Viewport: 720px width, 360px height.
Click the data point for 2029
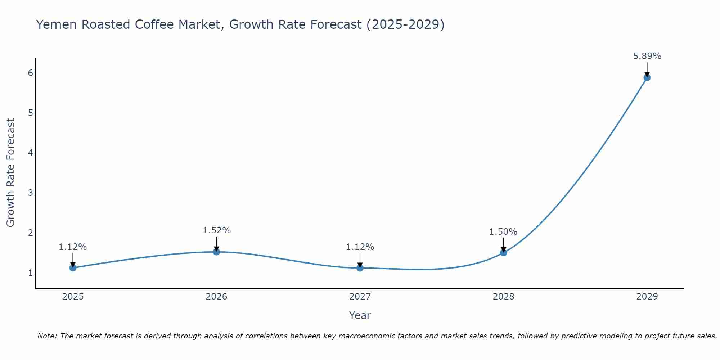tap(647, 77)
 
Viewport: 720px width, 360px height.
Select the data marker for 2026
tap(216, 252)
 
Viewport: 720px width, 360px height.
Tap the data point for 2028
tap(503, 253)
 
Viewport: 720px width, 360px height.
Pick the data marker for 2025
tap(73, 267)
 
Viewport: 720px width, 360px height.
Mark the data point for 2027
tap(360, 267)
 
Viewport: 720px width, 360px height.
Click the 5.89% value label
tap(647, 56)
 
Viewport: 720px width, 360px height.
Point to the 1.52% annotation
tap(216, 230)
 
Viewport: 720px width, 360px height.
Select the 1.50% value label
tap(503, 232)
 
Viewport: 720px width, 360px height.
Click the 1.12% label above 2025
tap(73, 247)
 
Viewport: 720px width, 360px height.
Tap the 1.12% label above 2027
tap(360, 247)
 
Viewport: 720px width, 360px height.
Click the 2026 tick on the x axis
tap(216, 297)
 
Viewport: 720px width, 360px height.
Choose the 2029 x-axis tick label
tap(647, 297)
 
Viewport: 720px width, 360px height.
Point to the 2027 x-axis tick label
tap(360, 297)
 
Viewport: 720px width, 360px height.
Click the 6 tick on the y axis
tap(30, 73)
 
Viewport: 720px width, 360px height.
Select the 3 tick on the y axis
tap(30, 193)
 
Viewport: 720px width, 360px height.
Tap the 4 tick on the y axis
tap(30, 153)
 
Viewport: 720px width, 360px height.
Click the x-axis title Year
tap(360, 315)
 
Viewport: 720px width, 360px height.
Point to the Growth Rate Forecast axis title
tap(11, 173)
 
